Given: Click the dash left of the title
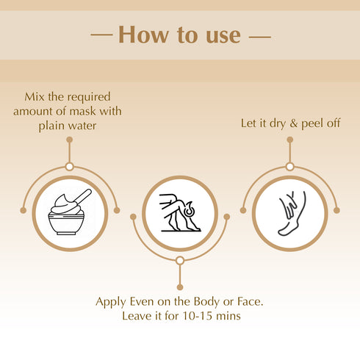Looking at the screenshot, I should pos(101,35).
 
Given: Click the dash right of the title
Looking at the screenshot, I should pos(258,35).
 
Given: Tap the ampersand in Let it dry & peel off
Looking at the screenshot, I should pos(292,123).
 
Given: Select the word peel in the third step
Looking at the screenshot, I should pos(310,123).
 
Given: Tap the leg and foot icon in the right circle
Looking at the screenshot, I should pos(290,213).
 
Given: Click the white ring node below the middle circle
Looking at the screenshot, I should pos(179,260).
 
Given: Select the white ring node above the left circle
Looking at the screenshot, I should pos(69,167).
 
